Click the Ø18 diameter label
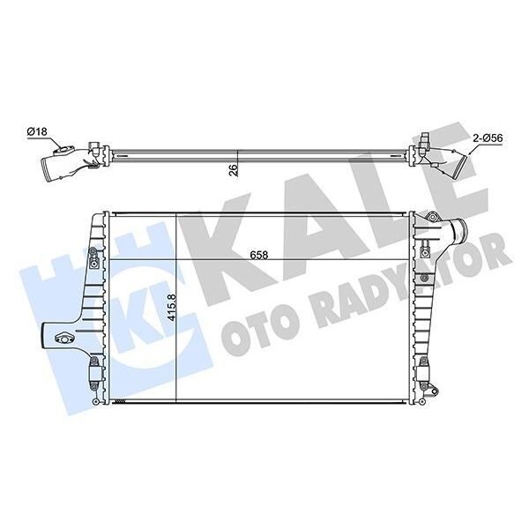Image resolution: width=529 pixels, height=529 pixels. click(37, 131)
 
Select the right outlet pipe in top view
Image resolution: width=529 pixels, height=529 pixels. click(454, 165)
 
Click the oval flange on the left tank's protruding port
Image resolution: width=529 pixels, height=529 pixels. click(63, 335)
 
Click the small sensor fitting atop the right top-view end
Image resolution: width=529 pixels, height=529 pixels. click(425, 138)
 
